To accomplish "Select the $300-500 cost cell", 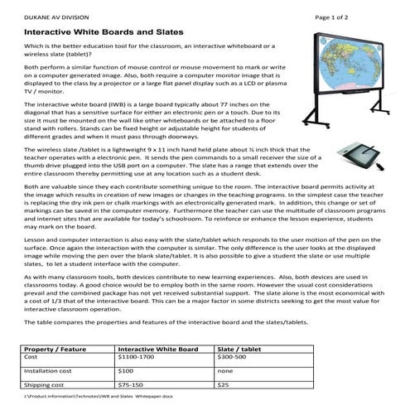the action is (231, 359).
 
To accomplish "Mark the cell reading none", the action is (224, 372).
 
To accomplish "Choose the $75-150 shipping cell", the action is (133, 385).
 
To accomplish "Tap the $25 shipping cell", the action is (222, 385).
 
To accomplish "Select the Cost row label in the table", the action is (34, 359).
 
